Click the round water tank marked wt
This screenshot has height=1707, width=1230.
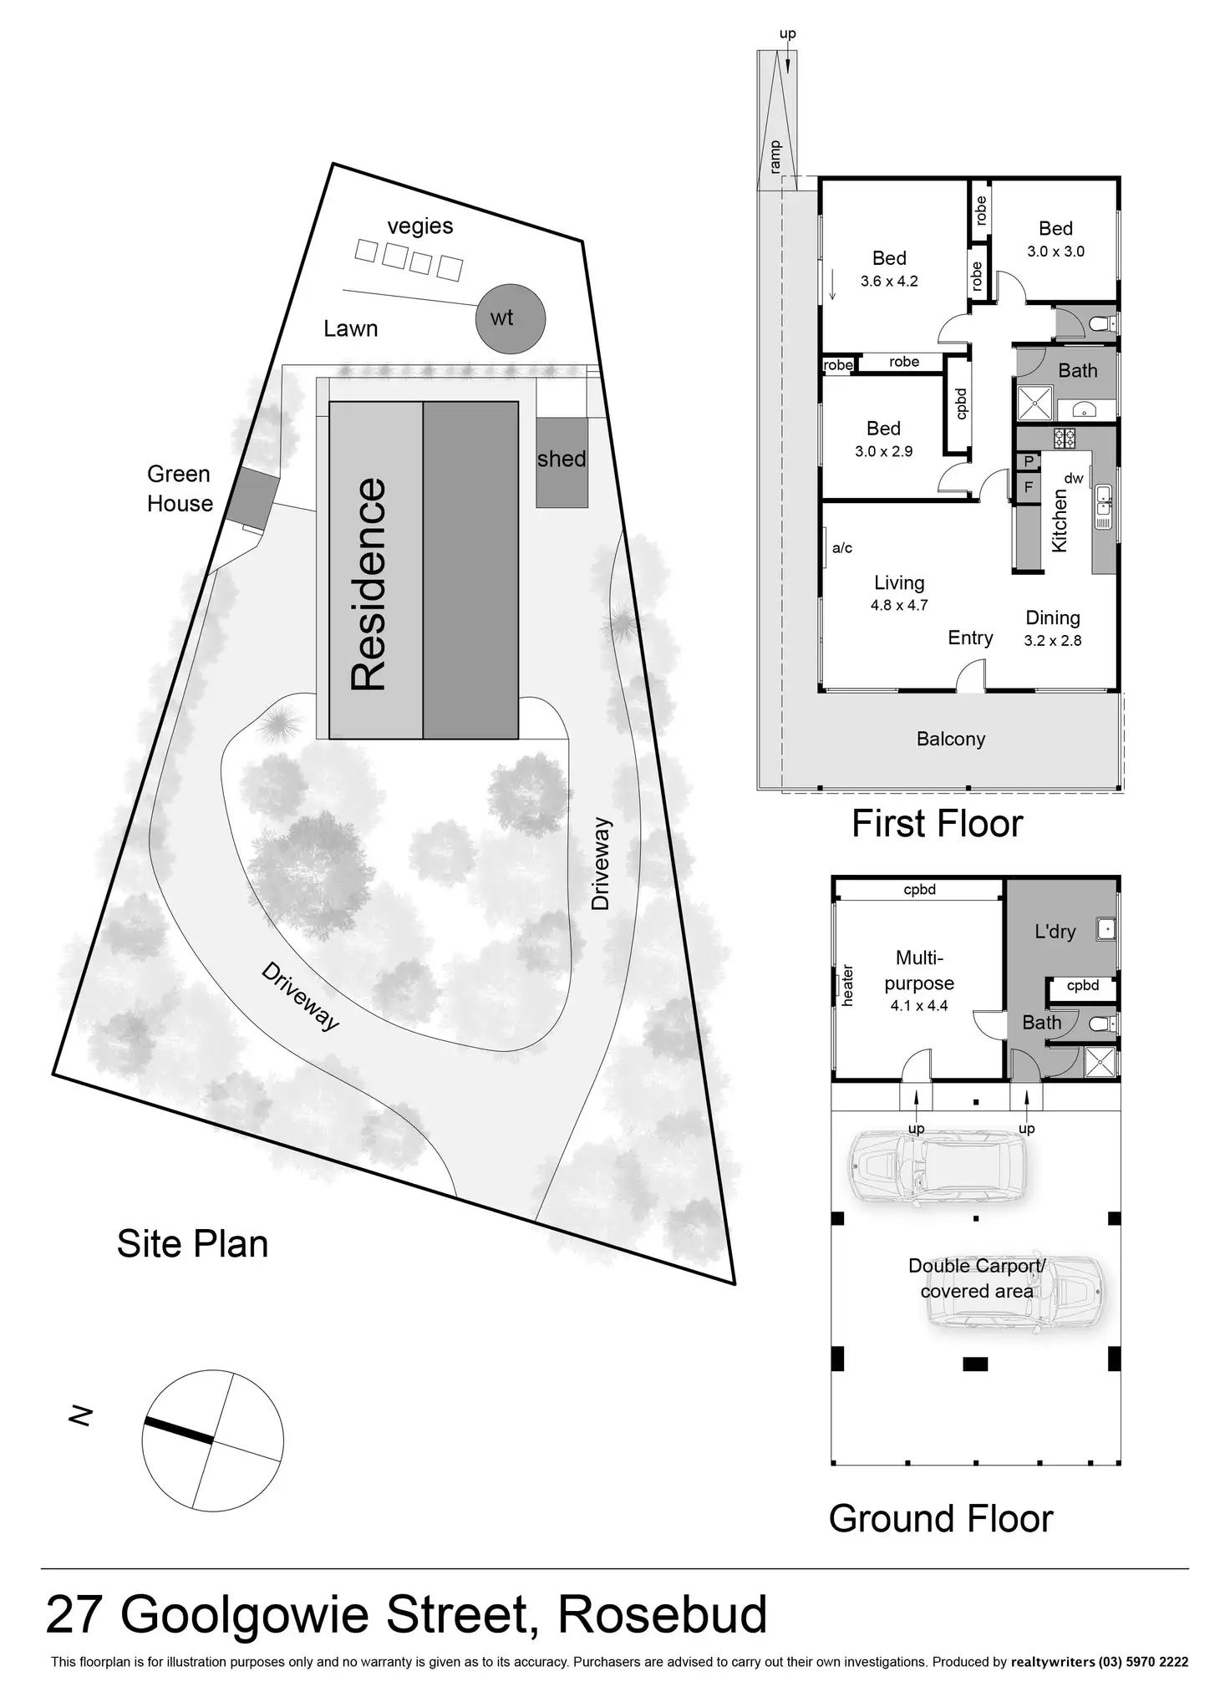tap(510, 318)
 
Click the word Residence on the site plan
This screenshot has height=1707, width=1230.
tap(368, 584)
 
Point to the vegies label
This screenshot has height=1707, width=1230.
tap(419, 226)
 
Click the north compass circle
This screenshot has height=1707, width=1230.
tap(212, 1440)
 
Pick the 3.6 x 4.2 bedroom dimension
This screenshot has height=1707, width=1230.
tap(889, 282)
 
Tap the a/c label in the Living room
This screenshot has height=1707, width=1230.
tap(842, 548)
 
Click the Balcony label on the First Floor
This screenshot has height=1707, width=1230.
tap(951, 739)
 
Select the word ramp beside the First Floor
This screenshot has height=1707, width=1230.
tap(775, 156)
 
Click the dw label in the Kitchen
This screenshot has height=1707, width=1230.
tap(1074, 479)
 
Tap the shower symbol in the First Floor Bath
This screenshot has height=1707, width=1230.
tap(1034, 404)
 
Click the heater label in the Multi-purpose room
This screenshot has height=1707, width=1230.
tap(847, 985)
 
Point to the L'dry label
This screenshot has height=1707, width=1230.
tap(1055, 932)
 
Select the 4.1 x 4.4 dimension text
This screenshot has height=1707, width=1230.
tap(919, 1006)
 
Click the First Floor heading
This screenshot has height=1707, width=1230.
tap(937, 824)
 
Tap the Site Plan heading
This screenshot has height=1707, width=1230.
tap(192, 1244)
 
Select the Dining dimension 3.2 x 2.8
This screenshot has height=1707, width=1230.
tap(1053, 641)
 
